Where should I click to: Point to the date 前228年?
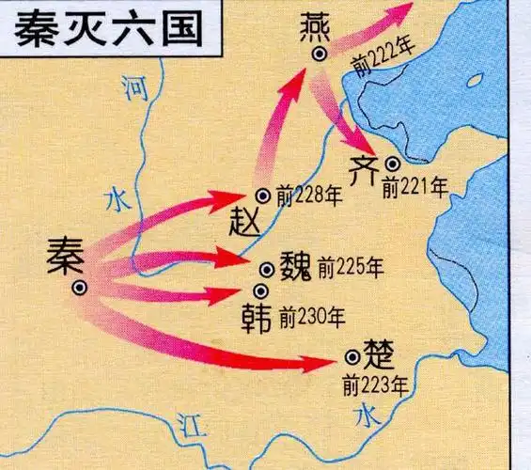[309, 196]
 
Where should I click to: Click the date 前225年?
[350, 269]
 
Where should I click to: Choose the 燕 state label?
[320, 29]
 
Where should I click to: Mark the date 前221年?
[414, 187]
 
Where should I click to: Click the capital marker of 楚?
[352, 356]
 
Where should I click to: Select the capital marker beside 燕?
[321, 55]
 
